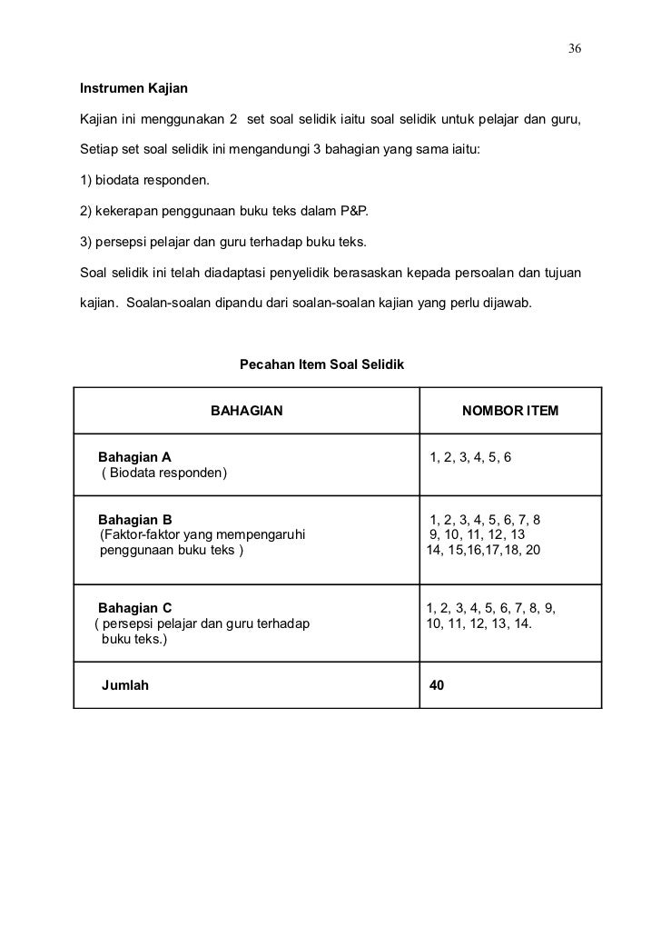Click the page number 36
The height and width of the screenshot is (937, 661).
click(575, 47)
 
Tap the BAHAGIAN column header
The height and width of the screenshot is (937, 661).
click(247, 412)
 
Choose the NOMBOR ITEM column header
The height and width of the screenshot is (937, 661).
click(510, 412)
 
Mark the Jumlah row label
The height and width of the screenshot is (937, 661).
click(126, 685)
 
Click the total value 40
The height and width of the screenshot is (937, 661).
click(438, 685)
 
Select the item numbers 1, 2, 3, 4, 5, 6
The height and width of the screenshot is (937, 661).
click(470, 456)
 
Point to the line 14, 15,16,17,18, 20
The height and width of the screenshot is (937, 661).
click(483, 550)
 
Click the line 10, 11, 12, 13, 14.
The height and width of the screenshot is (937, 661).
click(479, 623)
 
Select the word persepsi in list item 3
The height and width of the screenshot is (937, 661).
click(122, 242)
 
